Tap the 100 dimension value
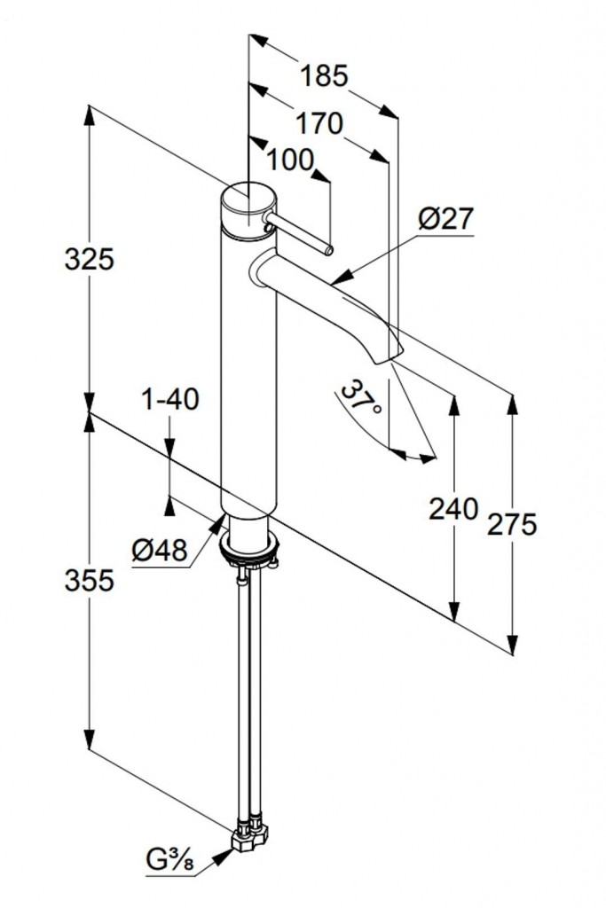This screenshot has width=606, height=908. pyautogui.click(x=290, y=160)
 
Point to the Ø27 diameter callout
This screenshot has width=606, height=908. pyautogui.click(x=445, y=218)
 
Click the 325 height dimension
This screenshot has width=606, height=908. pyautogui.click(x=91, y=259)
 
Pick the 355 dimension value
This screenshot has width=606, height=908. pyautogui.click(x=91, y=581)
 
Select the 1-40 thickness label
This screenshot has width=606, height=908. pyautogui.click(x=170, y=400)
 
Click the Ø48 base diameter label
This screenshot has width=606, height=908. pyautogui.click(x=160, y=552)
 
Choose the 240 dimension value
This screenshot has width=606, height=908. pyautogui.click(x=453, y=509)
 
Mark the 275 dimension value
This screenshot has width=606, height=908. pyautogui.click(x=512, y=525)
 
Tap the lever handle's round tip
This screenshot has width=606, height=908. pyautogui.click(x=328, y=250)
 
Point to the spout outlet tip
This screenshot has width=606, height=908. pyautogui.click(x=389, y=355)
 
